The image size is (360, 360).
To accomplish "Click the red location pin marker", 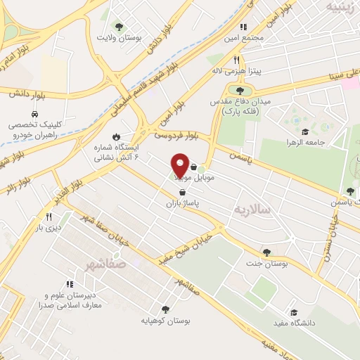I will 180,165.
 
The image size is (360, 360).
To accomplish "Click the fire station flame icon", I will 116,137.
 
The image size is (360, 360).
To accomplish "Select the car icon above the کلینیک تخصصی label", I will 34,113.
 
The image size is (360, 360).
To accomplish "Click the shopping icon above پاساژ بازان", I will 183,191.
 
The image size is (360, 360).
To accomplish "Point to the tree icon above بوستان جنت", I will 266,252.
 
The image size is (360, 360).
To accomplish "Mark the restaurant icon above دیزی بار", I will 49,217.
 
